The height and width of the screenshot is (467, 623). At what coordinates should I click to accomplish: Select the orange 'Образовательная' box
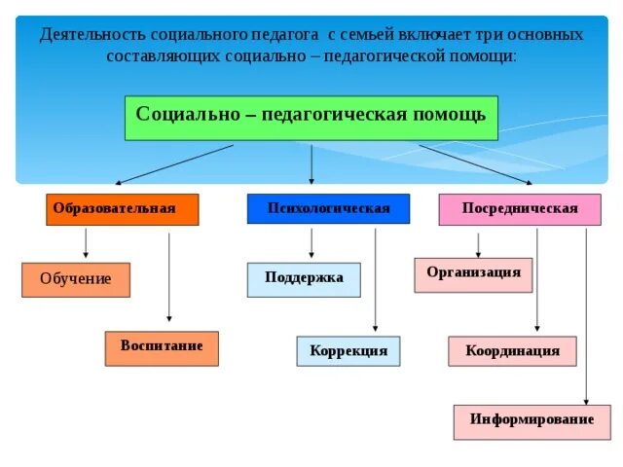point(122,209)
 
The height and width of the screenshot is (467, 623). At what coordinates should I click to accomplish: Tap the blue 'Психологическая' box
point(327,209)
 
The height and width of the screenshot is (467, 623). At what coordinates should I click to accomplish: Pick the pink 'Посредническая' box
point(519,209)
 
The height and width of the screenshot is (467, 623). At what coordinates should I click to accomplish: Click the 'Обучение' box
point(76,279)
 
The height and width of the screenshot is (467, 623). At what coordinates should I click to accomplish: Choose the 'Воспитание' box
point(162,347)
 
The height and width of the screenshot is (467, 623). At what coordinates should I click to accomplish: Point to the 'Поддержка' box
point(304,278)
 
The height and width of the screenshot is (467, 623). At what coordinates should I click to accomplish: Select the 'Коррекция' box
point(348,350)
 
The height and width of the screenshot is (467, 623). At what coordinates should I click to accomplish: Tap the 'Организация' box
point(473,273)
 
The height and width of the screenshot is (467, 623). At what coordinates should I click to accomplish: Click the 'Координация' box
point(511,350)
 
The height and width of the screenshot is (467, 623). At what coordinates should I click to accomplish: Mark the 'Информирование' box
point(531,420)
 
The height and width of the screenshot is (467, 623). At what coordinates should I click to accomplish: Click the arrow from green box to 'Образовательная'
point(175,163)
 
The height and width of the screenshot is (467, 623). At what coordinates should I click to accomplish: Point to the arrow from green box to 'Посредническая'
point(475,163)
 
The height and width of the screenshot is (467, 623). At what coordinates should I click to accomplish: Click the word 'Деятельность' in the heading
point(93,34)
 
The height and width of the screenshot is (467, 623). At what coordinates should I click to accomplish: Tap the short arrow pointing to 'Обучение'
point(86,243)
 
